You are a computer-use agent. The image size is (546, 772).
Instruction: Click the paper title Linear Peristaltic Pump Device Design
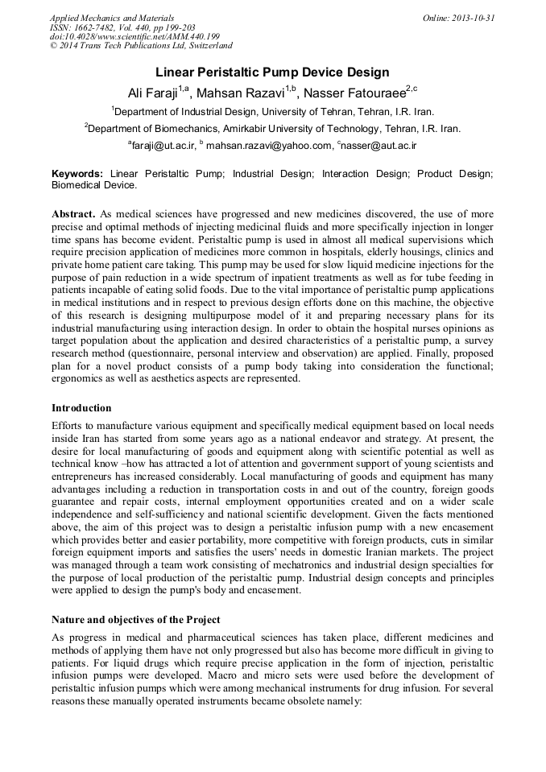pos(272,72)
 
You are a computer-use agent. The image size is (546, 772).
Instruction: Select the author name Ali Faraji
pos(153,91)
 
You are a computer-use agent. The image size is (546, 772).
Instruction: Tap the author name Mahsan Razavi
pos(246,91)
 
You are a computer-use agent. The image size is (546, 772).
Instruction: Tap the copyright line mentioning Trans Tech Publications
pos(141,46)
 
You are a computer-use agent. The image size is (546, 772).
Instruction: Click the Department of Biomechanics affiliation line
pos(273,128)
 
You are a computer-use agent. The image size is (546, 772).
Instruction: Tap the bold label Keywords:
pos(77,173)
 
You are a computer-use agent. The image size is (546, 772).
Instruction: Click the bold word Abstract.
pos(73,214)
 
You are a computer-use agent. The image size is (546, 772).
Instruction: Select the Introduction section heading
pos(81,408)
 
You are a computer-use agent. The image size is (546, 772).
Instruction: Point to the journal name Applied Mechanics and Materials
pos(111,18)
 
